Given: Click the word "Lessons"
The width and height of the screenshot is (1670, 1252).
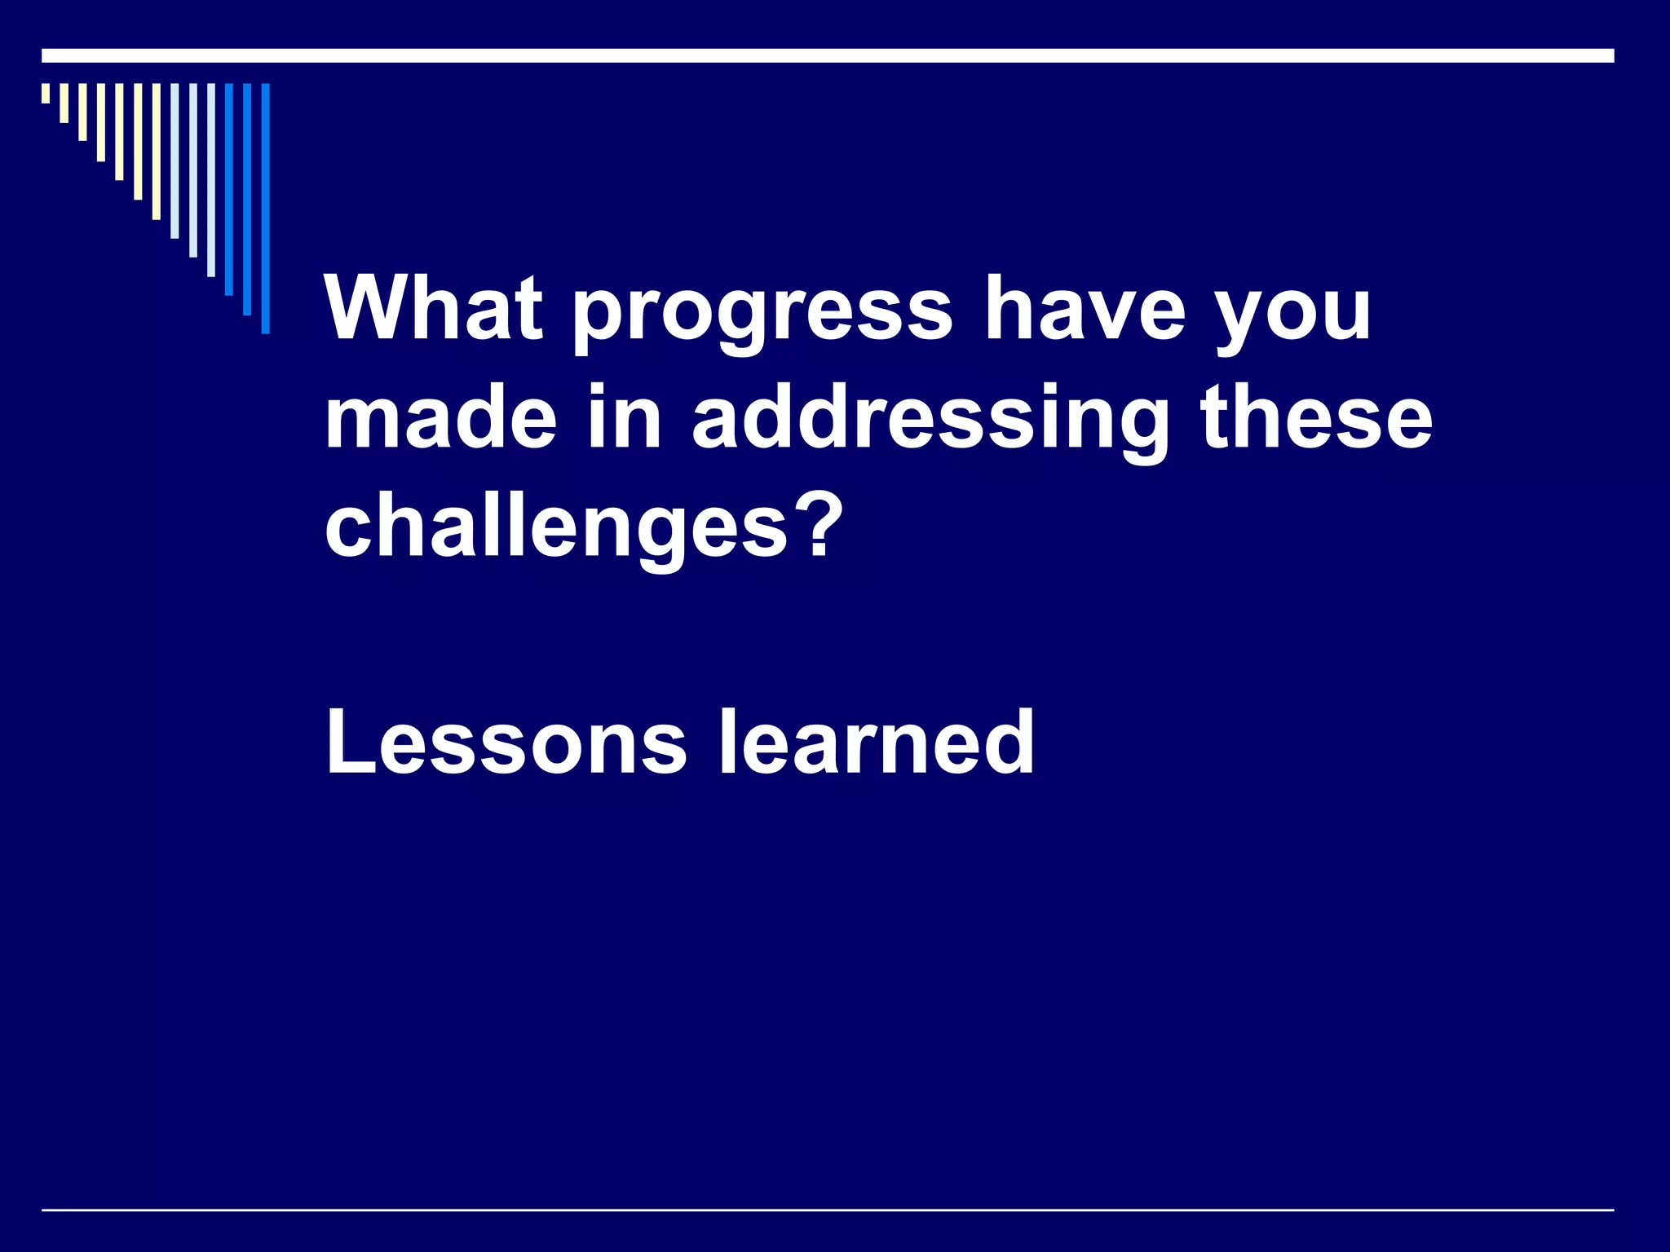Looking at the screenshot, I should pos(506,742).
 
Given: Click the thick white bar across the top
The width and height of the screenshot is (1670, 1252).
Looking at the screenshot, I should pos(828,55).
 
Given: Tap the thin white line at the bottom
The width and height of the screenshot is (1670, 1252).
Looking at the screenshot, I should pos(828,1210).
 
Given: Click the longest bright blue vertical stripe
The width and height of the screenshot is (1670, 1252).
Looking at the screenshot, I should pos(265,208).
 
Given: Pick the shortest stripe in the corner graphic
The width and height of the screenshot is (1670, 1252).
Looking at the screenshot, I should pos(46,93).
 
